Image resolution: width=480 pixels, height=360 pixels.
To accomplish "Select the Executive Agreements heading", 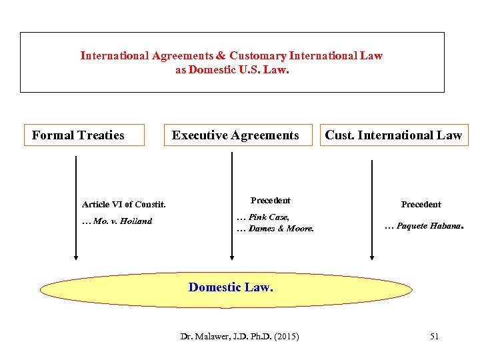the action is click(x=235, y=135).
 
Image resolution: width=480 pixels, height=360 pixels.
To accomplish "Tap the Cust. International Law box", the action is click(x=393, y=135).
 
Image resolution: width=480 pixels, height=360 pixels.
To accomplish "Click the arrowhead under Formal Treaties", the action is click(x=76, y=255).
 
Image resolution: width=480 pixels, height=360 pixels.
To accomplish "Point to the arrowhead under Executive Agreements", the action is click(x=232, y=255).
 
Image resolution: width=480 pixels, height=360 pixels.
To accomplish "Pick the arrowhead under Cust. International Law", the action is click(x=373, y=255).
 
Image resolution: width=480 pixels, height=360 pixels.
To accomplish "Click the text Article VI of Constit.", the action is click(x=123, y=205).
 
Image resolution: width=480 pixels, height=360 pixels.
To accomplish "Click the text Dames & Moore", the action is click(x=281, y=229).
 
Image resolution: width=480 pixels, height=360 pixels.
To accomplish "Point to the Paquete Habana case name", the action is click(x=427, y=226).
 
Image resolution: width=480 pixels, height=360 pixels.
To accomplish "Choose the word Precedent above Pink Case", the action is click(x=270, y=200).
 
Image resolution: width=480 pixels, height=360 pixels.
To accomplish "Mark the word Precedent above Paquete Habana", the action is click(x=421, y=205).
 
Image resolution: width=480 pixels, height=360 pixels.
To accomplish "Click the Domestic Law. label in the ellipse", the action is click(x=231, y=287).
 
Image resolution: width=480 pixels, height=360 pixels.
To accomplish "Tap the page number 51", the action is click(x=434, y=337).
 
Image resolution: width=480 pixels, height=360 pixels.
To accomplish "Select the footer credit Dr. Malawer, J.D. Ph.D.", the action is click(x=224, y=337).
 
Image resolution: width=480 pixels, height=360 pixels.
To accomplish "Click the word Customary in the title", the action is click(x=257, y=56).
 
